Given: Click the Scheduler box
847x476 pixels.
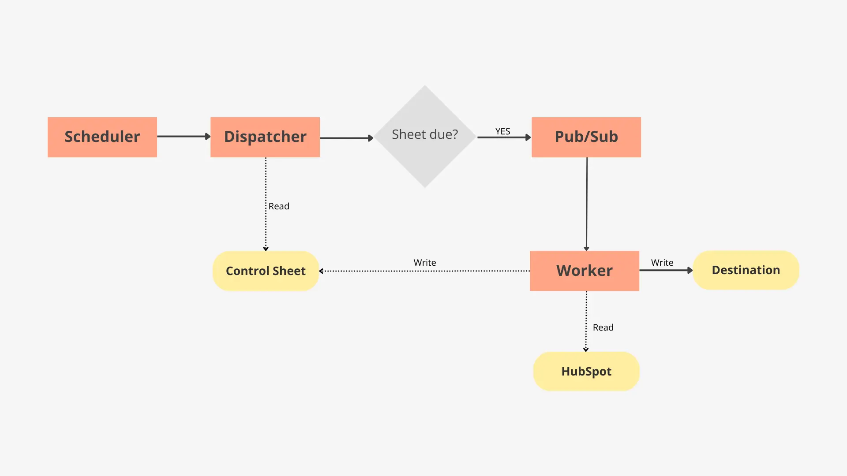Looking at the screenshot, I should (102, 137).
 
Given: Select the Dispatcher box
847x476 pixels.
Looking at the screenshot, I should (265, 137).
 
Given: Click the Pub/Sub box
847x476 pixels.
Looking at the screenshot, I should (586, 137).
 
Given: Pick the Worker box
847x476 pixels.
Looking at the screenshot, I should (584, 271).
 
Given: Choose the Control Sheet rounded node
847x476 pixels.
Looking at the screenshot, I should (266, 271).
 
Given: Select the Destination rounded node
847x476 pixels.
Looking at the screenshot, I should (746, 270).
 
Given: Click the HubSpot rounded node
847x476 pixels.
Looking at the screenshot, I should (586, 371).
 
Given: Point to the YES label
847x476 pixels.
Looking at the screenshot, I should (502, 131).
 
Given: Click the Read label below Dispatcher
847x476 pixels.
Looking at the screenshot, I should (279, 206).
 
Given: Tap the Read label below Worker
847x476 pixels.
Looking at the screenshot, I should (603, 327).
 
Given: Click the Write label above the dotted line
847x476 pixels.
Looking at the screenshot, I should (424, 263).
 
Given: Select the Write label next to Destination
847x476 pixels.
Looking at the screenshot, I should (662, 263).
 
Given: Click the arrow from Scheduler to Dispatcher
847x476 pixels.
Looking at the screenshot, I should (183, 137).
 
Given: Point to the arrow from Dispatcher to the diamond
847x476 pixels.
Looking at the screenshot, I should (346, 138).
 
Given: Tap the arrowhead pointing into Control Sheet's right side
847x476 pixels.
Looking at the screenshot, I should (322, 271).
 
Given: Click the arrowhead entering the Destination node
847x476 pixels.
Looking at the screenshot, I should (690, 270).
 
